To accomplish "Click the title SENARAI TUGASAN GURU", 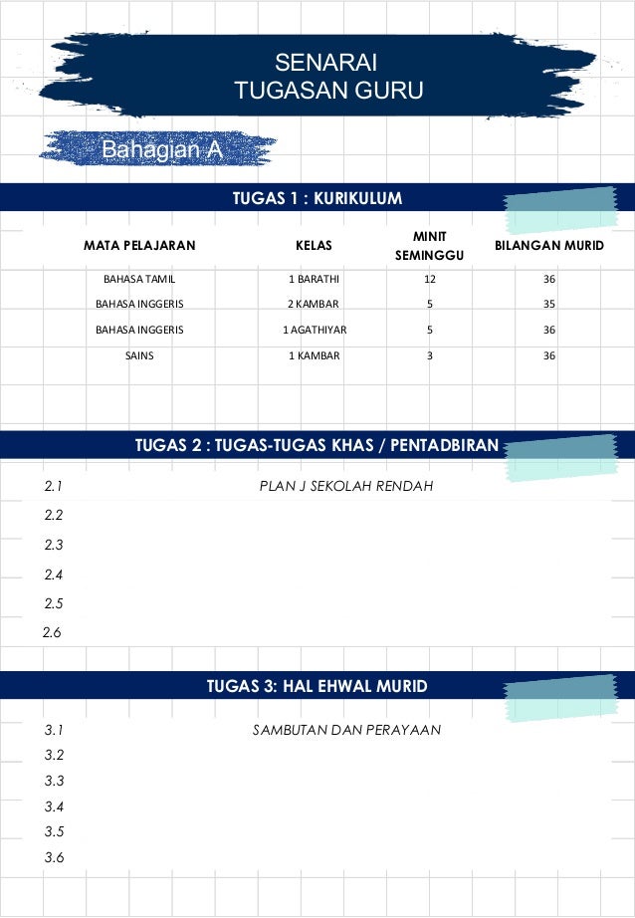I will (328, 78).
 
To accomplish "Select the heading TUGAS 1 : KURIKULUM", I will (317, 198).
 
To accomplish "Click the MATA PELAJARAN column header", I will (139, 244).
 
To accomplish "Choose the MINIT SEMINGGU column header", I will (429, 246).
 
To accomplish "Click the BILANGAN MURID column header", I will (548, 244).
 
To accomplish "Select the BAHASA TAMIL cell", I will (139, 279).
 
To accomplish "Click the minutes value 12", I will (429, 279).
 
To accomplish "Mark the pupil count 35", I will (549, 304).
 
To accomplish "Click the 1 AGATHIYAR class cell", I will (315, 330).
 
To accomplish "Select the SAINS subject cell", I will (139, 355).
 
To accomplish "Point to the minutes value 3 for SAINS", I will (429, 355).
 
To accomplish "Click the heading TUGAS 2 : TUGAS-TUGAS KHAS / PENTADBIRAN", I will (317, 445).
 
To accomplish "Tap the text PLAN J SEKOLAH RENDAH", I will (345, 487).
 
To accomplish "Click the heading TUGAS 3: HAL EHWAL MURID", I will (317, 686).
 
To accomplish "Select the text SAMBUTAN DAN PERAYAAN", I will (346, 730).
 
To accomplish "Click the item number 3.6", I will (55, 857).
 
